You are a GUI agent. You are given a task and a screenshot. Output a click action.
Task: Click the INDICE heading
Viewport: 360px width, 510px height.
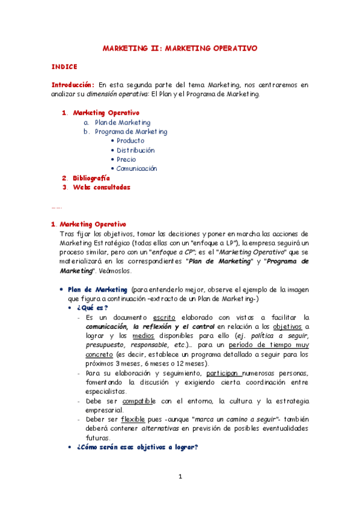[64, 67]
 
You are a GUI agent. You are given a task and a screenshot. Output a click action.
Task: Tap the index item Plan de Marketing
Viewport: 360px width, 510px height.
[123, 122]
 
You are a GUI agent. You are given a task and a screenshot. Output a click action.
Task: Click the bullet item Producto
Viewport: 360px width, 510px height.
[130, 141]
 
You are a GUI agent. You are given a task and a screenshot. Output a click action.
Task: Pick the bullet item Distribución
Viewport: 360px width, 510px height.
[135, 150]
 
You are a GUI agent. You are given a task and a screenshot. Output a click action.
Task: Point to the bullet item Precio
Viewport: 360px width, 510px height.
[126, 159]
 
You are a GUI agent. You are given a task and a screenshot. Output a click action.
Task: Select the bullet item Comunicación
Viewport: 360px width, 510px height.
[136, 169]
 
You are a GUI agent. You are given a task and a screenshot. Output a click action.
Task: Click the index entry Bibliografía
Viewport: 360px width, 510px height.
[91, 178]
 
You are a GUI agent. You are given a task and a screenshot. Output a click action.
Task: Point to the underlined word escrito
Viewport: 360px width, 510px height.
[164, 317]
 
